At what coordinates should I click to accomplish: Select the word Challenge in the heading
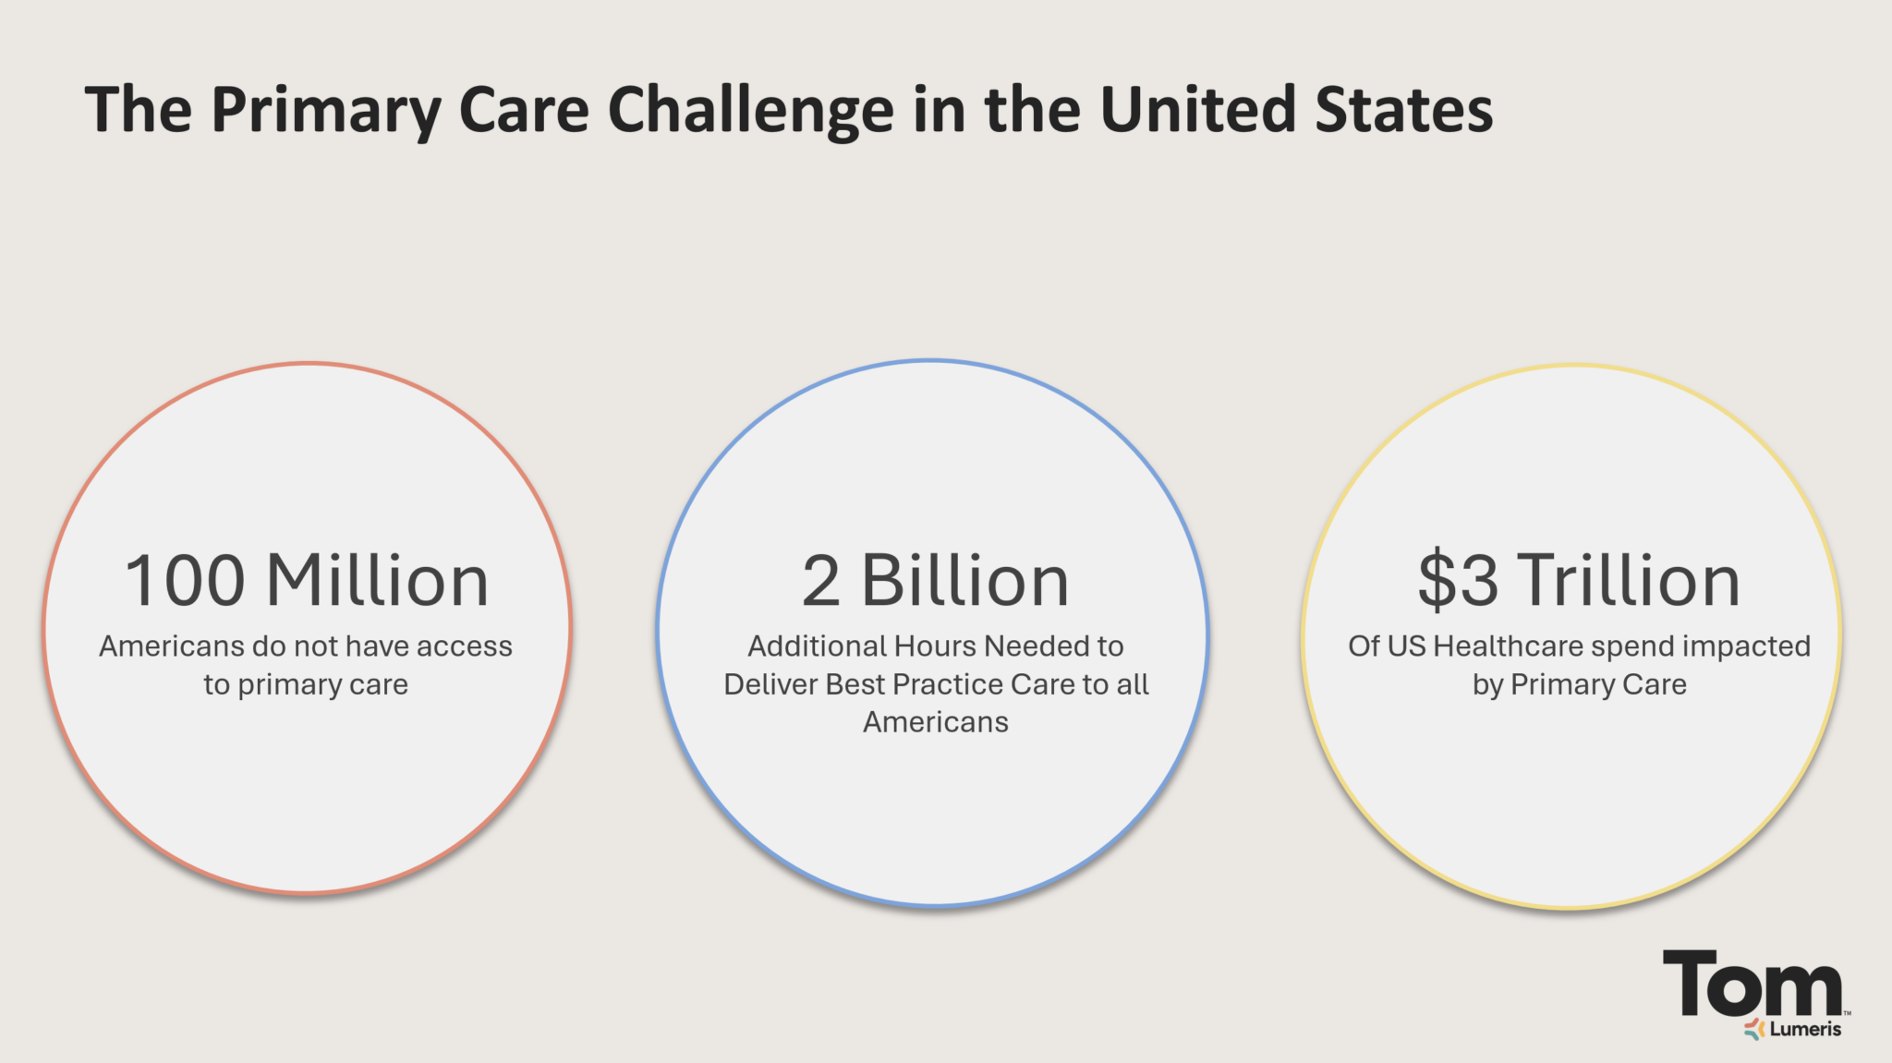point(751,111)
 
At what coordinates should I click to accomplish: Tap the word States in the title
point(1403,109)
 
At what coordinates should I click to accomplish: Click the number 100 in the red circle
point(185,581)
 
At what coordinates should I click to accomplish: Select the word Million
point(377,581)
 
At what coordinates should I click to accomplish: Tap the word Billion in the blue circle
point(964,581)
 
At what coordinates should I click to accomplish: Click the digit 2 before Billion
point(820,581)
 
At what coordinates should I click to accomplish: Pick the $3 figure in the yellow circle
point(1458,581)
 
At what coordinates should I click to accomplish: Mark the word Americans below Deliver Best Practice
point(935,722)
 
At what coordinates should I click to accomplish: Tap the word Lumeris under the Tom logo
point(1805,1029)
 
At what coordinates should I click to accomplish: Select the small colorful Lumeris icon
point(1754,1029)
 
